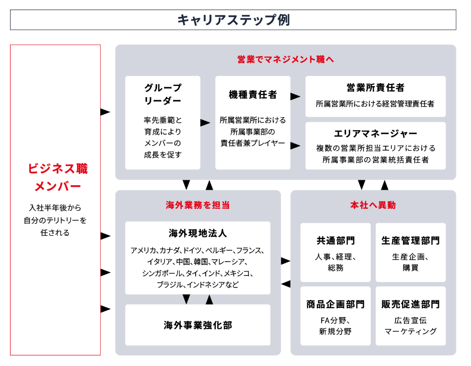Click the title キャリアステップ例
pyautogui.click(x=233, y=20)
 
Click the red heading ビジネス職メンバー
pyautogui.click(x=58, y=177)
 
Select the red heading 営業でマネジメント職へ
pyautogui.click(x=285, y=60)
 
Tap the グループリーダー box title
pyautogui.click(x=163, y=94)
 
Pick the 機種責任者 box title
pyautogui.click(x=252, y=95)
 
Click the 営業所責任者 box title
pyautogui.click(x=375, y=88)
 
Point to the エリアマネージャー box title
pyautogui.click(x=375, y=134)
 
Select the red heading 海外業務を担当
pyautogui.click(x=198, y=205)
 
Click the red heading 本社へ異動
pyautogui.click(x=373, y=205)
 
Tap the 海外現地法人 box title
pyautogui.click(x=198, y=233)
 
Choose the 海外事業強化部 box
pyautogui.click(x=198, y=325)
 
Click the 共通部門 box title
pyautogui.click(x=335, y=240)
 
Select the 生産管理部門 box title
pyautogui.click(x=410, y=240)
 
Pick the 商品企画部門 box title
pyautogui.click(x=335, y=304)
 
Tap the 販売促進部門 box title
pyautogui.click(x=410, y=304)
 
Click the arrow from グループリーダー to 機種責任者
pyautogui.click(x=205, y=122)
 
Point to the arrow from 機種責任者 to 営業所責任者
pyautogui.click(x=295, y=96)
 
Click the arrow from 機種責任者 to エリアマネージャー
pyautogui.click(x=295, y=146)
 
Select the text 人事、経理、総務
pyautogui.click(x=335, y=262)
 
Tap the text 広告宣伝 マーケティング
pyautogui.click(x=410, y=325)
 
